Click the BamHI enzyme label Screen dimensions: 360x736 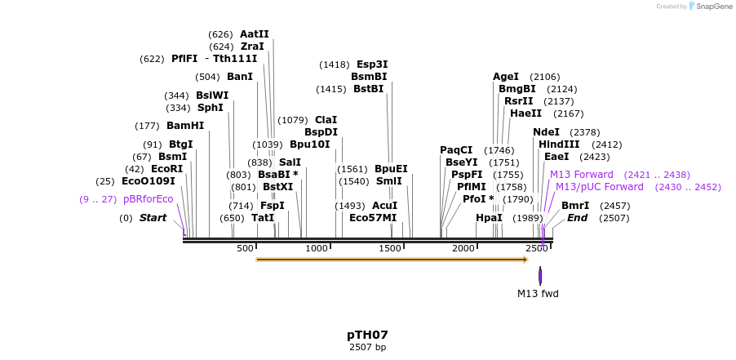pyautogui.click(x=185, y=126)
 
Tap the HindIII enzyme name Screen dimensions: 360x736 pyautogui.click(x=559, y=144)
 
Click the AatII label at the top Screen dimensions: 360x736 pyautogui.click(x=254, y=34)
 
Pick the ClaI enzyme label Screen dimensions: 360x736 pyautogui.click(x=326, y=120)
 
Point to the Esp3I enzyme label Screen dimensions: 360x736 pyautogui.click(x=372, y=64)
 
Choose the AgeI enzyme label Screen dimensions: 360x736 pyautogui.click(x=506, y=77)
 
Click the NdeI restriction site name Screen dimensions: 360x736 pyautogui.click(x=546, y=132)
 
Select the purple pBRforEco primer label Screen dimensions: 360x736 pyautogui.click(x=149, y=199)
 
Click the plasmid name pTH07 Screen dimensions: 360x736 pyautogui.click(x=367, y=335)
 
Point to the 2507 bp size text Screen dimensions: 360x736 pyautogui.click(x=367, y=347)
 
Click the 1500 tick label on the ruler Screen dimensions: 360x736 pyautogui.click(x=391, y=248)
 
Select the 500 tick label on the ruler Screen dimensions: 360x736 pyautogui.click(x=246, y=248)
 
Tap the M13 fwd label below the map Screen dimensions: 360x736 pyautogui.click(x=538, y=293)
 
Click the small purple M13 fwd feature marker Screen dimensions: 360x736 pyautogui.click(x=540, y=276)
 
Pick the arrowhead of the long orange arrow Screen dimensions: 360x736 pyautogui.click(x=525, y=260)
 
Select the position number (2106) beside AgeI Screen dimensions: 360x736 pyautogui.click(x=545, y=77)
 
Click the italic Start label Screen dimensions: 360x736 pyautogui.click(x=153, y=218)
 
